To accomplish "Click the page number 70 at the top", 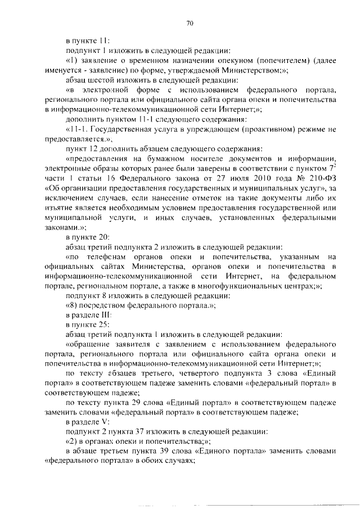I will click(x=190, y=23).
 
